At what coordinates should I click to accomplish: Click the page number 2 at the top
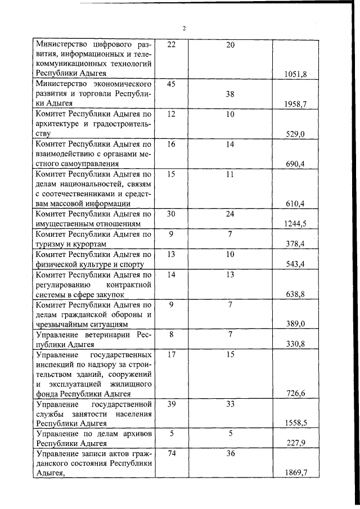point(183,28)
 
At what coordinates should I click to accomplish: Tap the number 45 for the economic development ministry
point(172,84)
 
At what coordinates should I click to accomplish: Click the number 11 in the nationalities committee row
point(230,174)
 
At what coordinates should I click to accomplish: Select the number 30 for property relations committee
point(172,214)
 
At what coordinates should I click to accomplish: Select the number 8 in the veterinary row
point(172,335)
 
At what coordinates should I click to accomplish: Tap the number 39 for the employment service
point(172,404)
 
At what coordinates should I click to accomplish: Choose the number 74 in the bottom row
point(172,454)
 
